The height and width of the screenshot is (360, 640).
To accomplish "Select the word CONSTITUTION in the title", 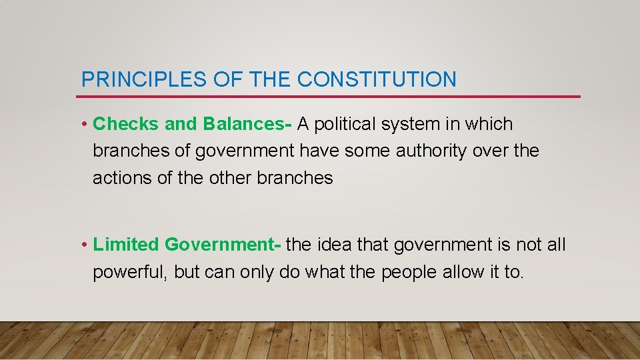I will [377, 80].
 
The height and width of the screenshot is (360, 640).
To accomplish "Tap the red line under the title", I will [330, 97].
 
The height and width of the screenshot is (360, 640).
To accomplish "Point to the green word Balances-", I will [247, 124].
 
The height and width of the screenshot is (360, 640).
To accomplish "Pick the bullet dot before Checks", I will [85, 125].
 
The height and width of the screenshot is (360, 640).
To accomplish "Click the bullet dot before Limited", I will [85, 245].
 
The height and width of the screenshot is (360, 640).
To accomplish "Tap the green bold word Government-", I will [223, 245].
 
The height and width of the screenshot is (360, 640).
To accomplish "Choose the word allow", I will [462, 272].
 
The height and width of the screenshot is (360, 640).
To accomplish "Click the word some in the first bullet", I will [367, 151].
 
